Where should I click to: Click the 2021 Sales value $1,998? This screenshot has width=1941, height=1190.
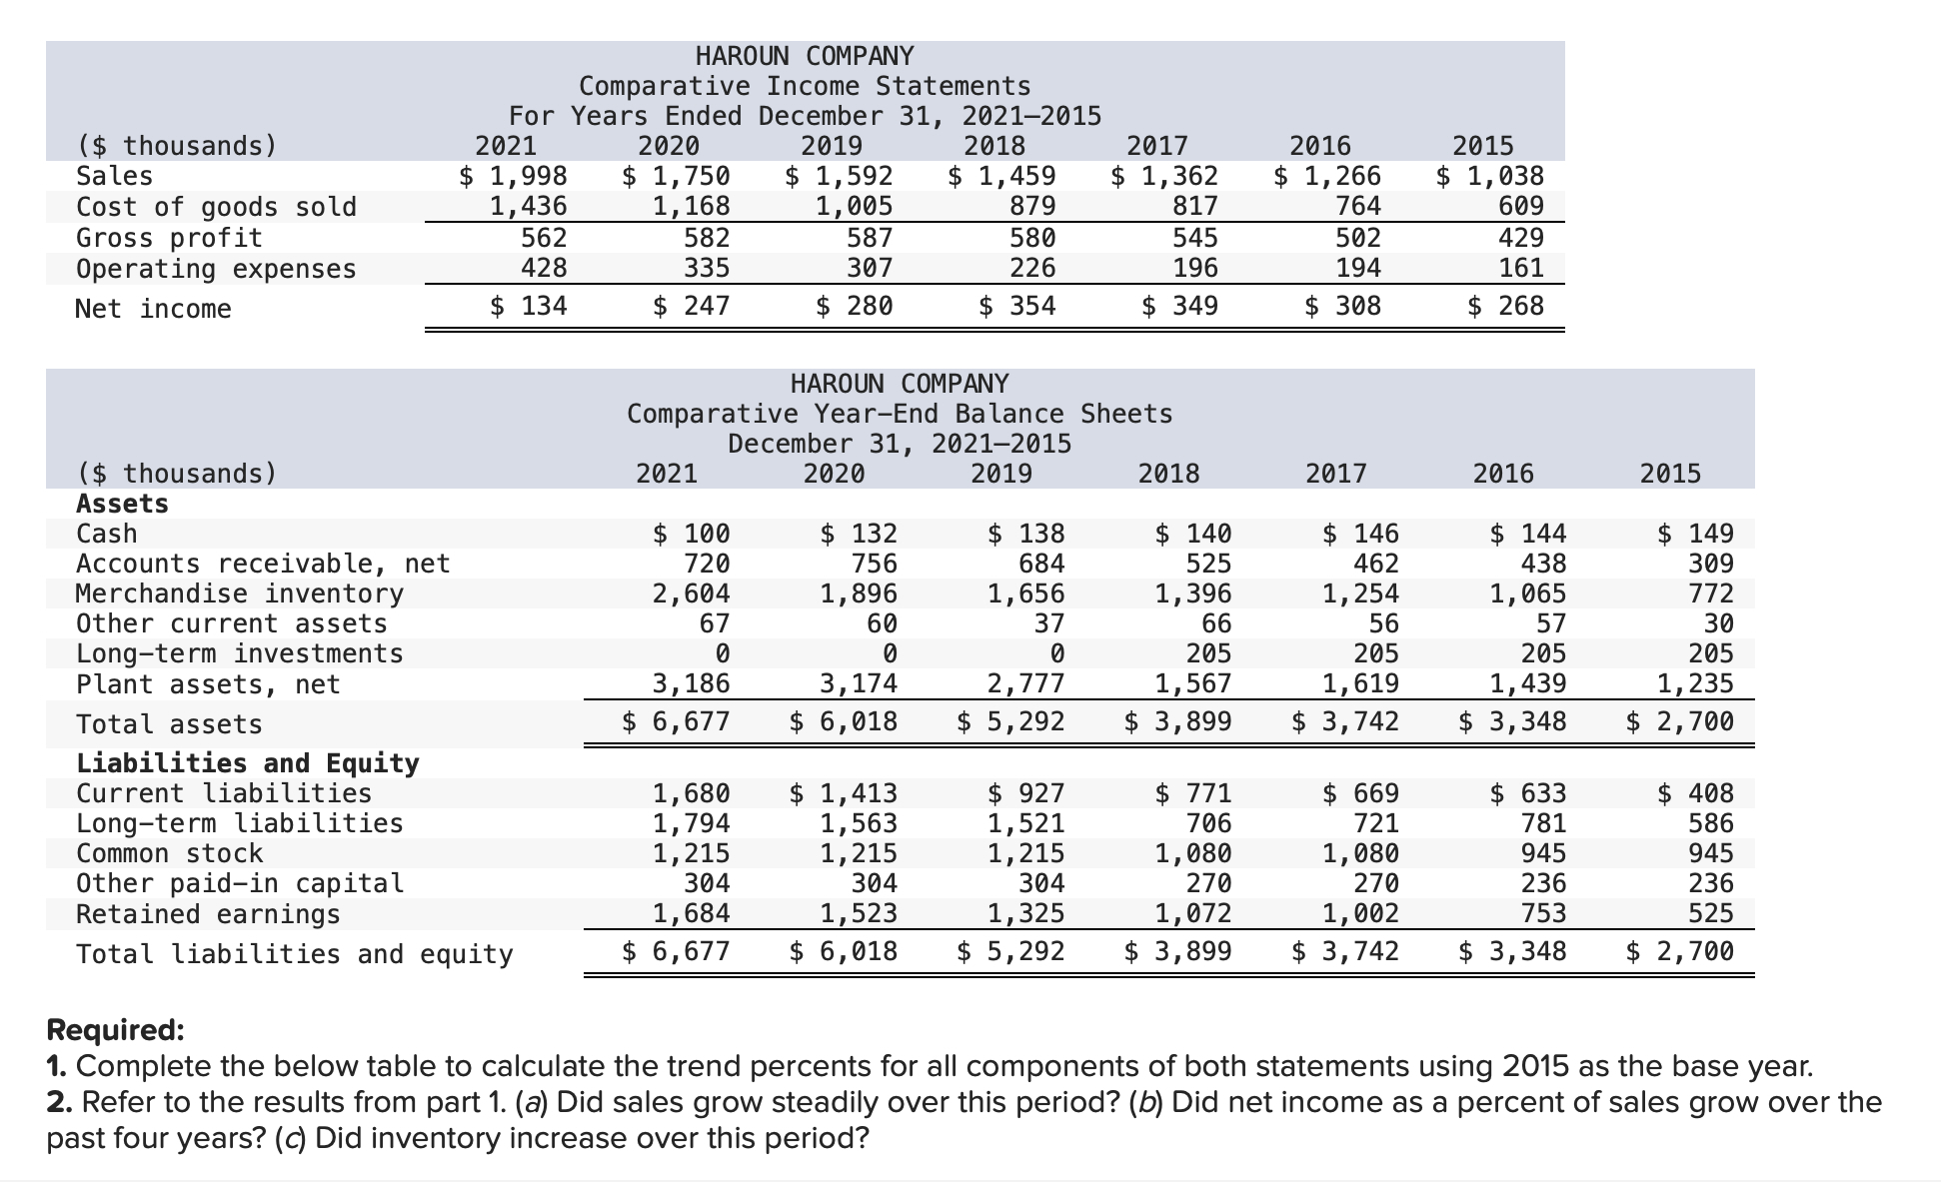click(x=514, y=177)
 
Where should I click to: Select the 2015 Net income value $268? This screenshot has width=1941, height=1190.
click(x=1506, y=306)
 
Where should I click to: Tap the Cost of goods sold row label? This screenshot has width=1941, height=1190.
click(x=216, y=207)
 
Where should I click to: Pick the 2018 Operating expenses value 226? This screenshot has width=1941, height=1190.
click(x=1032, y=268)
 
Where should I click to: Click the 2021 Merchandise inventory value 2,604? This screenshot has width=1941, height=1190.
click(x=692, y=594)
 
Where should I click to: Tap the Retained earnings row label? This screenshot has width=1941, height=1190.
click(x=208, y=914)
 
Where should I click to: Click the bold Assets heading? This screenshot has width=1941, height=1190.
click(x=123, y=504)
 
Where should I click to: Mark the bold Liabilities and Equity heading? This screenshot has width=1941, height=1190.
click(x=248, y=763)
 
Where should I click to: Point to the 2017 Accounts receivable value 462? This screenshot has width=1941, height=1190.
click(x=1376, y=564)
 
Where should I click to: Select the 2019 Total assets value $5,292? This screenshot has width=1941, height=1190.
click(x=1010, y=721)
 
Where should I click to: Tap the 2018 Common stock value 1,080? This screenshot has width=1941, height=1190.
click(x=1193, y=853)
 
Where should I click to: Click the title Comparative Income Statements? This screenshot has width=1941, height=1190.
click(x=805, y=86)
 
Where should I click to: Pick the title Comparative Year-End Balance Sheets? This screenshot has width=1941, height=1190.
click(x=900, y=414)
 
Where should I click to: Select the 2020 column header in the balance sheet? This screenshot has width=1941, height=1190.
click(x=835, y=473)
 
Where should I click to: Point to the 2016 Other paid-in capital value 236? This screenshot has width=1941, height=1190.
click(x=1544, y=883)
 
